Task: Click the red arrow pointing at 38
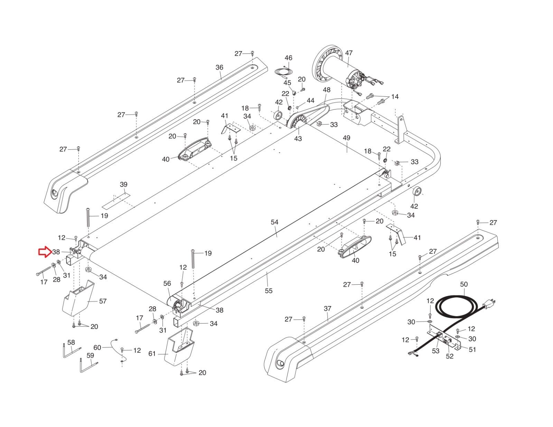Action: [x=45, y=252]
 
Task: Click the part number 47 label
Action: [x=349, y=53]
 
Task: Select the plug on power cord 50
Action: [x=489, y=303]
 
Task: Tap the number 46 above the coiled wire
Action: [x=288, y=58]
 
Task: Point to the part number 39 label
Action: [x=123, y=184]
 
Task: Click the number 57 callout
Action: [x=103, y=301]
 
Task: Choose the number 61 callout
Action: [x=152, y=353]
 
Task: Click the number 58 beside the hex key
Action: [x=71, y=342]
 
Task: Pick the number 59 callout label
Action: [x=90, y=355]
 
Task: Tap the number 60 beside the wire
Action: [x=97, y=348]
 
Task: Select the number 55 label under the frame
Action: [x=269, y=291]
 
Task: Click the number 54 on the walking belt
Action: [x=274, y=222]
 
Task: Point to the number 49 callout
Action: [x=346, y=138]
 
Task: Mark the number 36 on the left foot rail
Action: [x=219, y=67]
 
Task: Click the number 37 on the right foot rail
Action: [x=328, y=309]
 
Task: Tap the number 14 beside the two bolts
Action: [x=395, y=97]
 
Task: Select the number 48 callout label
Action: [x=327, y=90]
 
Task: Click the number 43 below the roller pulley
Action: [x=298, y=139]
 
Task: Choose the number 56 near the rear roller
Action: [x=167, y=283]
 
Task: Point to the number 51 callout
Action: [x=472, y=349]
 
